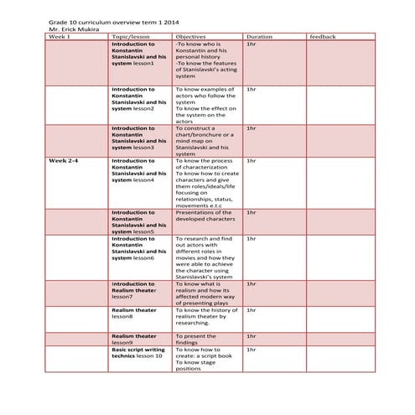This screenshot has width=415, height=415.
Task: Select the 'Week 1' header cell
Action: [x=60, y=37]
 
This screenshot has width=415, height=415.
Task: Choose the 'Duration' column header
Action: [x=259, y=37]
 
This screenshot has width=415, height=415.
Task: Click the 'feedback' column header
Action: [x=323, y=37]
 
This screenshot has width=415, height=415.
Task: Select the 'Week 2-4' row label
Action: [x=64, y=159]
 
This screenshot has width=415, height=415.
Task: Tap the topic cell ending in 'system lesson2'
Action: [x=139, y=99]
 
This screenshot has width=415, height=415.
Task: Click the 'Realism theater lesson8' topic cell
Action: [x=134, y=314]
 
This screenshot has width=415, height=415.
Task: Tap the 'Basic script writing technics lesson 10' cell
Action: [x=139, y=352]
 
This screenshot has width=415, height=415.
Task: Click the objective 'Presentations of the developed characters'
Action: [x=205, y=216]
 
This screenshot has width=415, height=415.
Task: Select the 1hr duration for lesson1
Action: [x=252, y=44]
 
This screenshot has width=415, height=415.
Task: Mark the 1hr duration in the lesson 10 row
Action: [x=252, y=349]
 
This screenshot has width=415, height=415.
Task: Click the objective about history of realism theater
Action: [x=206, y=317]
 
